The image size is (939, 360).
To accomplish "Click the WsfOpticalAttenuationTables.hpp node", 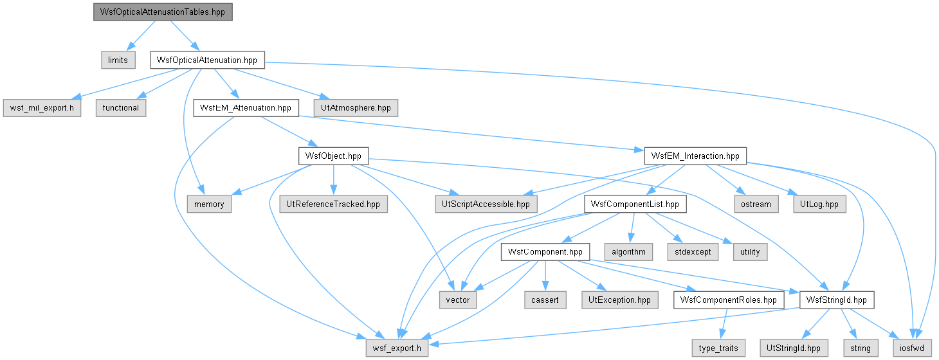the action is [x=163, y=12].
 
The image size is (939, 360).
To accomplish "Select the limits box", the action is [x=118, y=60].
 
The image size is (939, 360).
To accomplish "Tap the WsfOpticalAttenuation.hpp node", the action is [x=207, y=60].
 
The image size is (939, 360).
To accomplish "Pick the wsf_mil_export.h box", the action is [x=42, y=108].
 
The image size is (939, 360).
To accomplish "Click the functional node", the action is [x=121, y=108].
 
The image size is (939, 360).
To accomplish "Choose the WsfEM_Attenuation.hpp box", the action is [x=246, y=108].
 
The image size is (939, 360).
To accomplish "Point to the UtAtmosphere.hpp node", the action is [x=356, y=108].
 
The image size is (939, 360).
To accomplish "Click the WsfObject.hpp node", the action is [x=333, y=156].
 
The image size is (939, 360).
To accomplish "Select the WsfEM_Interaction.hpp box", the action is [x=695, y=156].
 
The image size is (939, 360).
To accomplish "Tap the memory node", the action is [x=209, y=204].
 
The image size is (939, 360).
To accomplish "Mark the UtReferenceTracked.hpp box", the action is [x=333, y=204].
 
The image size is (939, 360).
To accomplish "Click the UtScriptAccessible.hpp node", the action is [x=486, y=204].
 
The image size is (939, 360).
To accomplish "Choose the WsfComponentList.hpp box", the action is [x=635, y=204].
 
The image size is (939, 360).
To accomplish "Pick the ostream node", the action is [x=756, y=204].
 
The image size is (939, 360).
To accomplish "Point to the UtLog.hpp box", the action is [x=819, y=204].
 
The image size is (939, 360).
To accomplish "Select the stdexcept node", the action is [x=693, y=252].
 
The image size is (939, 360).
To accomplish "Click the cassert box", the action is [x=545, y=300].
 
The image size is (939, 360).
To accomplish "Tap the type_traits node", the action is [x=718, y=348].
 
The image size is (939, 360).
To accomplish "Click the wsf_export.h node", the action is [x=397, y=348].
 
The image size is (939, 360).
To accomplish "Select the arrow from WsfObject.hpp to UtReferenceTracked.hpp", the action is [x=333, y=180].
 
